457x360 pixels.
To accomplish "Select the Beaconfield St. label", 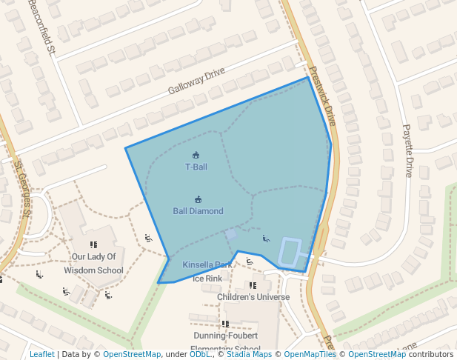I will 42,28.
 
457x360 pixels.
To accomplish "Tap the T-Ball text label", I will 196,167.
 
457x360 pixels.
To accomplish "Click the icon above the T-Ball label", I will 196,155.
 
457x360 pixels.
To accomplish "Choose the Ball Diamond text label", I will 198,211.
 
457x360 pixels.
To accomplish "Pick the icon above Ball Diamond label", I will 198,199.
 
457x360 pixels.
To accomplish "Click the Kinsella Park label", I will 207,264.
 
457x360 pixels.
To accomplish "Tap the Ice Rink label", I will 207,279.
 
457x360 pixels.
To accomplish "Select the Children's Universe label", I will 253,297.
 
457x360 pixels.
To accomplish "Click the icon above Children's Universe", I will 253,285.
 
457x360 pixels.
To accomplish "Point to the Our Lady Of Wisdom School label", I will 93,264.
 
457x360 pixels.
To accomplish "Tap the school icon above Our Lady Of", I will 93,244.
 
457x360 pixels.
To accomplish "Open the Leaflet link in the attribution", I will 42,354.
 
